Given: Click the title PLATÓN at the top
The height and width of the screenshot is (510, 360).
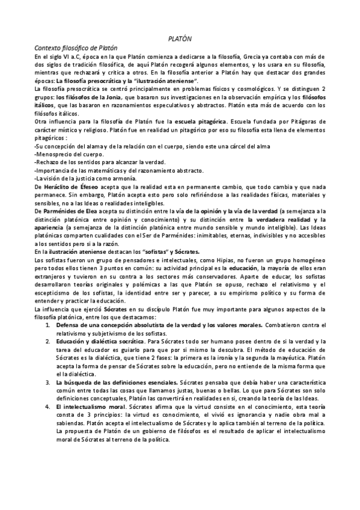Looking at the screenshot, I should (x=180, y=38).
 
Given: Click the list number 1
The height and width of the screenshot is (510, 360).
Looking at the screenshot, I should (x=47, y=325).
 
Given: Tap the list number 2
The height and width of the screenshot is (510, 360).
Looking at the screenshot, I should (x=47, y=340).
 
